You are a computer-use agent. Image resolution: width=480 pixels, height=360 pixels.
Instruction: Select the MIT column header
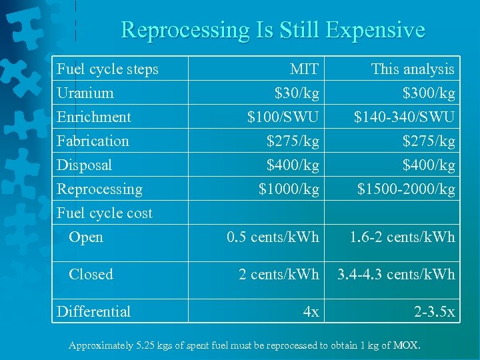pyautogui.click(x=304, y=69)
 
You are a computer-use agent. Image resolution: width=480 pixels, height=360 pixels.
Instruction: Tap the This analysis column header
pyautogui.click(x=412, y=69)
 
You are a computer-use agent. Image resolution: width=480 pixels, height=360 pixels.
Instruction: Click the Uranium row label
pyautogui.click(x=85, y=93)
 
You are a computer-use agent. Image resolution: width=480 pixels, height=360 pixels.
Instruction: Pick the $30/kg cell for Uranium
pyautogui.click(x=297, y=93)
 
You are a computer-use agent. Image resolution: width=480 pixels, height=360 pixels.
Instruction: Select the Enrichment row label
pyautogui.click(x=94, y=117)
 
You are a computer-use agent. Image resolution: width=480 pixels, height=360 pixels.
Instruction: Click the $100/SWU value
pyautogui.click(x=283, y=117)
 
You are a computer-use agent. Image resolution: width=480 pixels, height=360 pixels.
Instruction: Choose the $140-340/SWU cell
pyautogui.click(x=403, y=117)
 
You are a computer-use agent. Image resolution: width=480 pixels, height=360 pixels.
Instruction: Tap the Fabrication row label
pyautogui.click(x=93, y=141)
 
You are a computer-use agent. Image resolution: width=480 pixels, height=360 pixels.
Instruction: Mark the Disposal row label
pyautogui.click(x=84, y=165)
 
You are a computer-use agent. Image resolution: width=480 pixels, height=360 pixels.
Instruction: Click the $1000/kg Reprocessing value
pyautogui.click(x=289, y=189)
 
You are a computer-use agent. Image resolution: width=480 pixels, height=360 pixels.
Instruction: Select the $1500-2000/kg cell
pyautogui.click(x=405, y=189)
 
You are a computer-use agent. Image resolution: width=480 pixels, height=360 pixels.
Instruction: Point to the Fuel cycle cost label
pyautogui.click(x=105, y=213)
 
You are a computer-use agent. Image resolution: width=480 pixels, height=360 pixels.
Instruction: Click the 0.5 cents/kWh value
pyautogui.click(x=273, y=237)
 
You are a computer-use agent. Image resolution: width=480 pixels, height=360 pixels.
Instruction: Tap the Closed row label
pyautogui.click(x=91, y=274)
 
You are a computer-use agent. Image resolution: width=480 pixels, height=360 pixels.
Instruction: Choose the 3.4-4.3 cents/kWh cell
pyautogui.click(x=396, y=274)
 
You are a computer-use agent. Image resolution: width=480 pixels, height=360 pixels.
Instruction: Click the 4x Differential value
pyautogui.click(x=311, y=311)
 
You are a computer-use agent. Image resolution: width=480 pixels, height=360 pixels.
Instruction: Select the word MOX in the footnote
pyautogui.click(x=406, y=345)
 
